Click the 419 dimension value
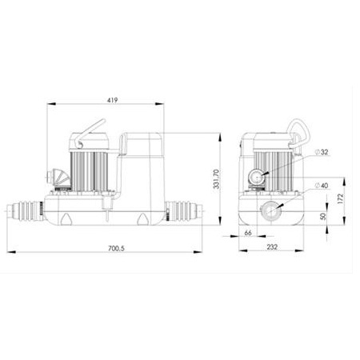(x=112, y=100)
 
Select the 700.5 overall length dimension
(x=116, y=248)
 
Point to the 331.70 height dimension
(x=216, y=179)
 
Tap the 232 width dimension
(x=272, y=247)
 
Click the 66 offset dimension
(x=248, y=233)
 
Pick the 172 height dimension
(x=340, y=199)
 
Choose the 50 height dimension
(x=323, y=216)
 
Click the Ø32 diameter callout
(x=322, y=152)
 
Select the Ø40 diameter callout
(x=322, y=186)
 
